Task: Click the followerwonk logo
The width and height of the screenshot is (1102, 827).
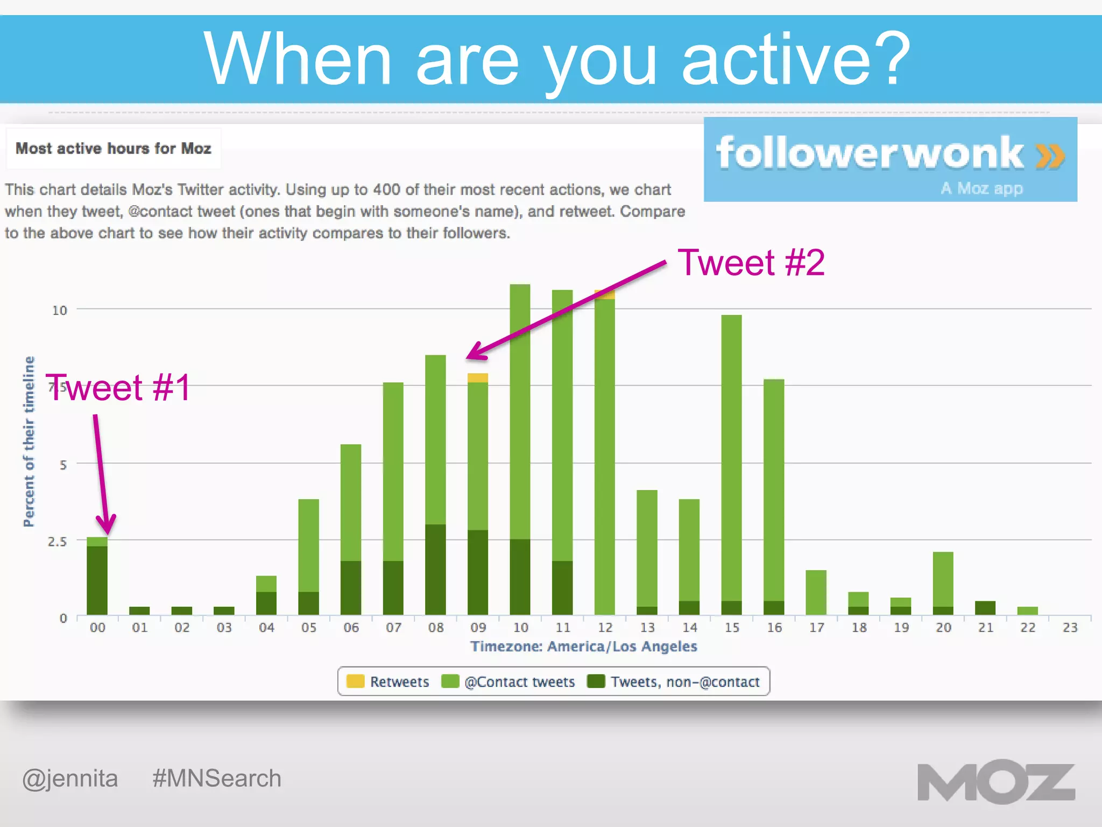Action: (x=890, y=159)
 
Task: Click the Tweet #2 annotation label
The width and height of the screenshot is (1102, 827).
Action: (x=751, y=263)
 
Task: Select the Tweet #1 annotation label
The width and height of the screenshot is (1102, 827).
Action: (x=118, y=387)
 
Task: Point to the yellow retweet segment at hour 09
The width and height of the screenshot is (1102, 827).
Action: (x=477, y=377)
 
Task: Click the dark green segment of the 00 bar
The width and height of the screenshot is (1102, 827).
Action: (x=97, y=580)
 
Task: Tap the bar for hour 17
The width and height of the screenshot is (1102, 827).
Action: (x=816, y=592)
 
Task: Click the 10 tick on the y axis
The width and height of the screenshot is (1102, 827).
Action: (x=59, y=310)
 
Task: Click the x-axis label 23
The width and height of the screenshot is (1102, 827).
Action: (x=1070, y=627)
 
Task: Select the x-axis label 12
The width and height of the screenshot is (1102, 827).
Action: (x=605, y=627)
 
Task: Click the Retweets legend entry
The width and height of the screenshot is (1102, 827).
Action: (x=388, y=682)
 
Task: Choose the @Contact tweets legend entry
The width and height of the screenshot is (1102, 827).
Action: (x=508, y=682)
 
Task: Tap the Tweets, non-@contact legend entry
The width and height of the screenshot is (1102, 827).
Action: (x=674, y=682)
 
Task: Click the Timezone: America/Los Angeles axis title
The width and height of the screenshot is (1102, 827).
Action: (x=583, y=646)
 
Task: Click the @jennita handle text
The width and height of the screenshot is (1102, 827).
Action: (x=70, y=779)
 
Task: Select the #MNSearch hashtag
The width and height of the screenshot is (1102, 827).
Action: (x=217, y=779)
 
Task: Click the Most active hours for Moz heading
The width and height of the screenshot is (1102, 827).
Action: (x=113, y=148)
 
